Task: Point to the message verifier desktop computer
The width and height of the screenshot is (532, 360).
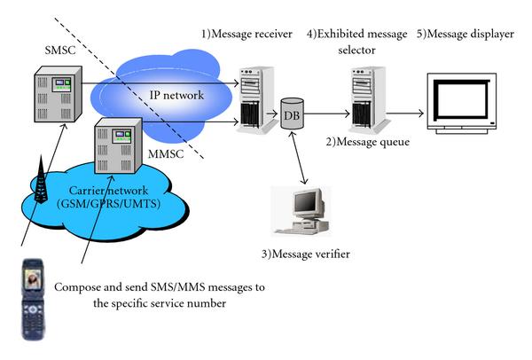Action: click(300, 211)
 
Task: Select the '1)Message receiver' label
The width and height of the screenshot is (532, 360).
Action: click(246, 35)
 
